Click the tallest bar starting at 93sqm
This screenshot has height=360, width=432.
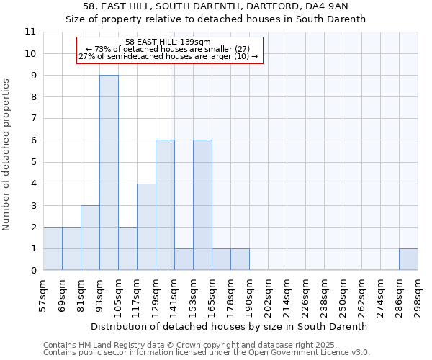[x=109, y=173]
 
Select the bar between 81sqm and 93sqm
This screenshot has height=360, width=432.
[x=90, y=238]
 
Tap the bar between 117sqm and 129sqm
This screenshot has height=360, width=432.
[x=146, y=227]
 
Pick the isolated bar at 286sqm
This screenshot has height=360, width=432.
[x=408, y=259]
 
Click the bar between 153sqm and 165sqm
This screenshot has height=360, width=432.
[x=202, y=205]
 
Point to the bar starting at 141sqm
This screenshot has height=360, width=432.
[x=184, y=259]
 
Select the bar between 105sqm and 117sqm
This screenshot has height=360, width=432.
[x=127, y=248]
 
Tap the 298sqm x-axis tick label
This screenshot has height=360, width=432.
[x=418, y=293]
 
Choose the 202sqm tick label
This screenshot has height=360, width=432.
[x=269, y=293]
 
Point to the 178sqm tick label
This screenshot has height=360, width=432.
[x=231, y=293]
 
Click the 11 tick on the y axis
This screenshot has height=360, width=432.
[x=30, y=32]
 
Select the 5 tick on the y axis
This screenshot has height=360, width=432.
[x=33, y=162]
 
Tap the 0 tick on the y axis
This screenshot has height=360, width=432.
[x=33, y=271]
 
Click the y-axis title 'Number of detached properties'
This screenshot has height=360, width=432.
[x=7, y=156]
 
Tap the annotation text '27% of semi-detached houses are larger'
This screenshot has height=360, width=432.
[x=168, y=56]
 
